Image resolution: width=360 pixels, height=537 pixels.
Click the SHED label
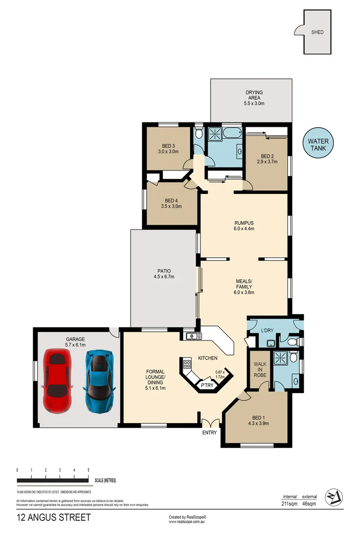(318, 32)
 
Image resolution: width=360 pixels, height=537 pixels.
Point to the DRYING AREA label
(255, 95)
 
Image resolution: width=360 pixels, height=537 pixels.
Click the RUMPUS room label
(243, 223)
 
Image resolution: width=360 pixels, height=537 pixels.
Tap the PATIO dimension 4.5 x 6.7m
(164, 277)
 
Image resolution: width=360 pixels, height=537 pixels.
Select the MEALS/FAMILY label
(244, 284)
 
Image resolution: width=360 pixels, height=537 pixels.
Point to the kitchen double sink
(193, 337)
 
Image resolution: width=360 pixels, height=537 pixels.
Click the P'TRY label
(206, 385)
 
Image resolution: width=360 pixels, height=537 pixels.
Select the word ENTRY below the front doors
(210, 432)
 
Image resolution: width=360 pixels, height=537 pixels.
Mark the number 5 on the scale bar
(88, 470)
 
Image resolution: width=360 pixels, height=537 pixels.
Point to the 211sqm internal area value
(290, 504)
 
